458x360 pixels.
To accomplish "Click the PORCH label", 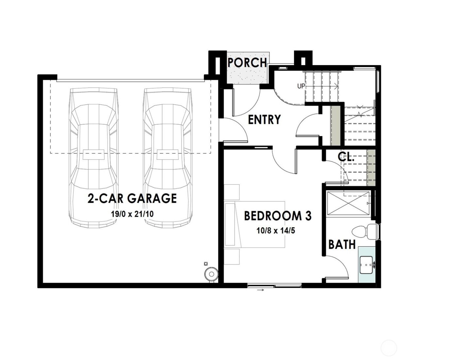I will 247,62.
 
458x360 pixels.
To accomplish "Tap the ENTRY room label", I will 264,120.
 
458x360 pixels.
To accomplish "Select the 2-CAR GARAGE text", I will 132,198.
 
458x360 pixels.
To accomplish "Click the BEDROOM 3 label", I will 278,216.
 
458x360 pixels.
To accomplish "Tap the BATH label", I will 342,244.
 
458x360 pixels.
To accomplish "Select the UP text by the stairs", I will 301,86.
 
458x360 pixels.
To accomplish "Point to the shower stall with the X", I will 348,204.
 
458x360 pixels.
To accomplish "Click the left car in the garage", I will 93,157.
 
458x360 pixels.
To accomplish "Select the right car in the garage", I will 167,157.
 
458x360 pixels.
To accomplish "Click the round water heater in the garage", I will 212,274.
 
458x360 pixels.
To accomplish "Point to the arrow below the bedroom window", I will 260,290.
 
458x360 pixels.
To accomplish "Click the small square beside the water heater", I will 206,263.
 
